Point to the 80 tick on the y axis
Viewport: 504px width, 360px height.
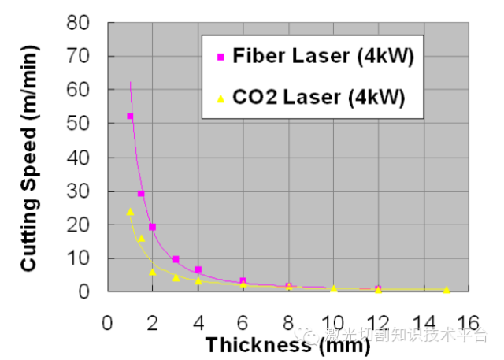pos(82,23)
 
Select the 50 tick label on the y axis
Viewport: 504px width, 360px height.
pos(82,124)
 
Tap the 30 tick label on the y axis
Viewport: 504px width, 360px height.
pos(82,191)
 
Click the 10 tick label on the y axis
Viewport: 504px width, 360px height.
pos(82,258)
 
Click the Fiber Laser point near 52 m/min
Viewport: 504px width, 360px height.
pos(130,117)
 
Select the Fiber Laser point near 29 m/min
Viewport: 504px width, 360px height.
pos(141,193)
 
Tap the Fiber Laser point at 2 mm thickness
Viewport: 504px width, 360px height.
pos(153,227)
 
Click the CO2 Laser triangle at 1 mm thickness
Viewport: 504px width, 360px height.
pos(130,212)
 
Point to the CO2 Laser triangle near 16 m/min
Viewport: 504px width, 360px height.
pos(141,238)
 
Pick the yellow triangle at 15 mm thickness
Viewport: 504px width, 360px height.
pos(447,290)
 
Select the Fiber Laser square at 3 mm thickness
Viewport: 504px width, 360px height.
pos(176,259)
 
